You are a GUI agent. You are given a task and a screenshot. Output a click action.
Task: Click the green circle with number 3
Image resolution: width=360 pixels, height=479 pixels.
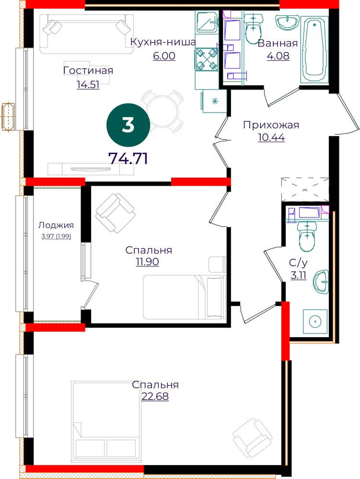pyautogui.click(x=128, y=125)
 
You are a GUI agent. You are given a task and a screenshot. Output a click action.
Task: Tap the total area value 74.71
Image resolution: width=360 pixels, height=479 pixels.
pyautogui.click(x=128, y=159)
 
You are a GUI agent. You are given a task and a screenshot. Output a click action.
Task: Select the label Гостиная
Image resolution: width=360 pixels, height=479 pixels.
pyautogui.click(x=88, y=70)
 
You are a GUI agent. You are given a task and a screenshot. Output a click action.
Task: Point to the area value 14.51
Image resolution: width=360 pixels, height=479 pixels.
pyautogui.click(x=88, y=84)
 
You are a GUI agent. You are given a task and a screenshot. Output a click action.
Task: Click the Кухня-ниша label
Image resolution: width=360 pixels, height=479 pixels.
pyautogui.click(x=163, y=42)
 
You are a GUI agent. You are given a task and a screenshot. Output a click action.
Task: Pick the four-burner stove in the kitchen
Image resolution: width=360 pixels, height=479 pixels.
pyautogui.click(x=206, y=60)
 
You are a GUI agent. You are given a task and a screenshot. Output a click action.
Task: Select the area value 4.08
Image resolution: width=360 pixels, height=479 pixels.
pyautogui.click(x=278, y=56)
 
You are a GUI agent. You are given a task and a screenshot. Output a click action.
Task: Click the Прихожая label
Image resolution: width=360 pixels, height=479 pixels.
pyautogui.click(x=271, y=125)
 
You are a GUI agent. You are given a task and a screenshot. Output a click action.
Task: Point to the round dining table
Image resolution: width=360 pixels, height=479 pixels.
pyautogui.click(x=162, y=111)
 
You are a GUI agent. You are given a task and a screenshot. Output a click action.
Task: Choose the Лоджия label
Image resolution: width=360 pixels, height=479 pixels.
pyautogui.click(x=56, y=225)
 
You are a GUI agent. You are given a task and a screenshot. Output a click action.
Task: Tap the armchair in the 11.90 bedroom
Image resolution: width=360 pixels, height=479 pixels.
pyautogui.click(x=115, y=213)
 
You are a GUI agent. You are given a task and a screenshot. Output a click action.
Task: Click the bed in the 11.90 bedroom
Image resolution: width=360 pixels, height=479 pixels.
pyautogui.click(x=184, y=297)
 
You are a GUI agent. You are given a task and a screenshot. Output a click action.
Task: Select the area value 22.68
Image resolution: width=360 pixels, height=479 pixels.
pyautogui.click(x=155, y=396)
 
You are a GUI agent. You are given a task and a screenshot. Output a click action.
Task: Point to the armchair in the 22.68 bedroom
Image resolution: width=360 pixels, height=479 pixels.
pyautogui.click(x=253, y=437)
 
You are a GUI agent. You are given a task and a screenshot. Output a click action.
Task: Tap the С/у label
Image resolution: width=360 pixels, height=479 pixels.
pyautogui.click(x=298, y=262)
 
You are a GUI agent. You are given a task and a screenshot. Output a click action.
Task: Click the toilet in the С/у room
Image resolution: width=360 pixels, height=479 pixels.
pyautogui.click(x=306, y=237)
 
